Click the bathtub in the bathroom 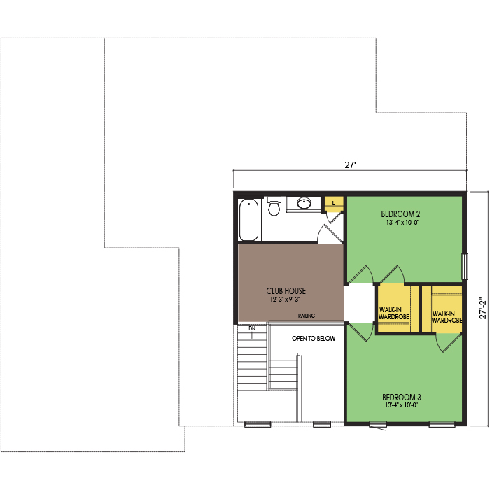coord(248,219)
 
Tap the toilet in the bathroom coord(274,206)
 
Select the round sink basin coord(304,203)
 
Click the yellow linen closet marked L coord(334,204)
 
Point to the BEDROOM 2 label coord(400,214)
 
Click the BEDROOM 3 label coord(402,397)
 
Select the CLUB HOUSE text coord(286,291)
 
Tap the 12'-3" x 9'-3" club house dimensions coord(285,300)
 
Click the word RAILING coord(307,316)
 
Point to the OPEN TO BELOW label coord(314,338)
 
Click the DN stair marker coord(252,328)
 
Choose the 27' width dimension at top coord(350,165)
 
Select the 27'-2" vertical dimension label coord(483,308)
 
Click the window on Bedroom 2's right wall coord(465,266)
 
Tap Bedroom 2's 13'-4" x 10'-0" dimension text coord(402,223)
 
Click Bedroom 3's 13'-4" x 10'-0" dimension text coord(402,405)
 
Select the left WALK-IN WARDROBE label coord(393,314)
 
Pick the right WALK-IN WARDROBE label coord(447,317)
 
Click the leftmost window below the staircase coord(258,424)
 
